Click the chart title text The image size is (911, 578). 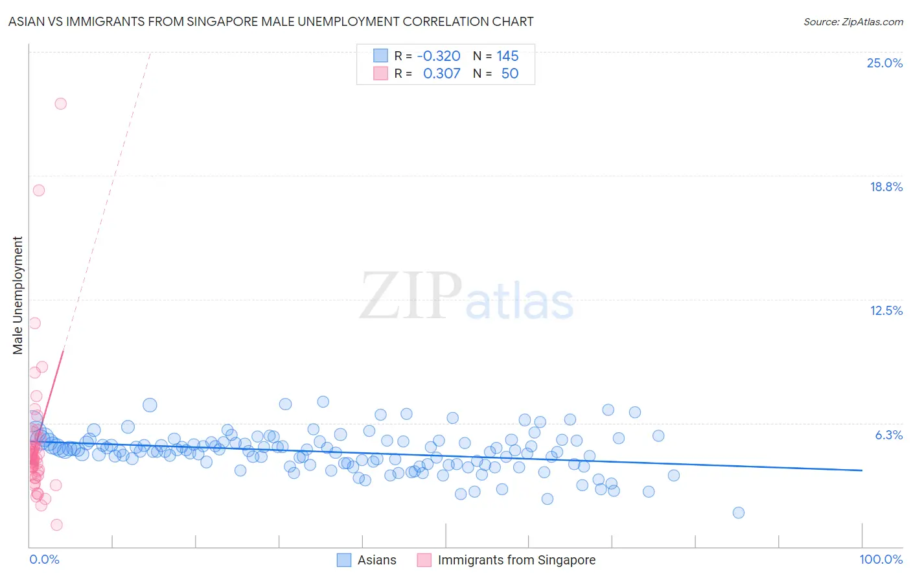(271, 21)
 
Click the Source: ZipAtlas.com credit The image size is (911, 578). (853, 21)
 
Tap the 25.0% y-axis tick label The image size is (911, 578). (884, 63)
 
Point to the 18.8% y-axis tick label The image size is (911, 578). (886, 187)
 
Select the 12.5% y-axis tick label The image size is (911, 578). (886, 310)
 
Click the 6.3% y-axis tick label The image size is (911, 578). (888, 435)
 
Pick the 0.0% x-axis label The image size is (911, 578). (44, 559)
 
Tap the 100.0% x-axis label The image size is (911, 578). (881, 559)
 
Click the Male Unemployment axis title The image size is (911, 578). (17, 295)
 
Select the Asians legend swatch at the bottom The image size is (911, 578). (344, 560)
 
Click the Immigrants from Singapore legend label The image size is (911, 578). (516, 560)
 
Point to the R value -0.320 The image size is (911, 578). (439, 56)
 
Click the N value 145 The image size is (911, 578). (507, 56)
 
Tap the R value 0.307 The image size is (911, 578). (441, 74)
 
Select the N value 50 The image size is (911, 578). (509, 74)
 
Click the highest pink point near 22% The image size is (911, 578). (60, 104)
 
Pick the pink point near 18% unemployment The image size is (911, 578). (39, 191)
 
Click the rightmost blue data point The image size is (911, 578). (738, 513)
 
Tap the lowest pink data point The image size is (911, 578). (56, 525)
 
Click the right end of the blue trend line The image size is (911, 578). (862, 470)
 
